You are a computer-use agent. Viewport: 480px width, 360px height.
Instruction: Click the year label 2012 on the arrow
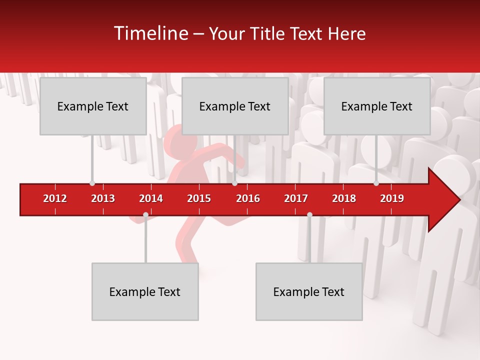pos(55,198)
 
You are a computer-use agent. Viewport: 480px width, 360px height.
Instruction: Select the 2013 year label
pos(103,198)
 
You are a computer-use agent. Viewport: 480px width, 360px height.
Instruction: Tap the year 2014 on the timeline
pos(151,198)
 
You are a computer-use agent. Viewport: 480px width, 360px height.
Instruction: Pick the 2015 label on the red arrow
pos(199,198)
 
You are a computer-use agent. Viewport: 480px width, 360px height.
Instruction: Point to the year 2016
pos(248,198)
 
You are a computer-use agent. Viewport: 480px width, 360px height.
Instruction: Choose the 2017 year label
pos(296,198)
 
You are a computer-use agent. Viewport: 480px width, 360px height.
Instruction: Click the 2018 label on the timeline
pos(344,198)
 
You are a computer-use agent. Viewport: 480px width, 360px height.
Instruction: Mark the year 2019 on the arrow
pos(392,198)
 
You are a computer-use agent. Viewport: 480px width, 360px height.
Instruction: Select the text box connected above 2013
pos(93,106)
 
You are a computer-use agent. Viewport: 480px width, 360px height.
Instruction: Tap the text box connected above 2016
pos(235,106)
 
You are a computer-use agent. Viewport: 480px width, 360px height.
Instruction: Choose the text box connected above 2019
pos(377,106)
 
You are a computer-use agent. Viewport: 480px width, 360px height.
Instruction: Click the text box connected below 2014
pos(145,291)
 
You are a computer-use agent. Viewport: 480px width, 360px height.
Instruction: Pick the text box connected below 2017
pos(309,291)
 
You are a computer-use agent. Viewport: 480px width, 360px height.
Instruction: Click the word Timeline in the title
pos(150,33)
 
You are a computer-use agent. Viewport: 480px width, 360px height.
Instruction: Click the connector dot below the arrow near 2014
pos(145,215)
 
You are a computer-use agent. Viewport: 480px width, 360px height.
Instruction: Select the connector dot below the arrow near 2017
pos(309,215)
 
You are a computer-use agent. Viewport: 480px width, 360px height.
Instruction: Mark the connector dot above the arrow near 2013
pos(92,183)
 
